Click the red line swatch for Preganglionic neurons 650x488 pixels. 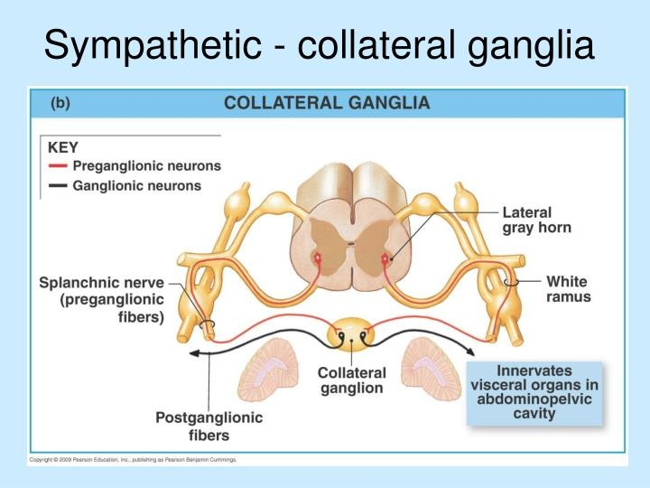[x=58, y=166]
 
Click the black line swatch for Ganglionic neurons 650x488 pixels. [x=58, y=186]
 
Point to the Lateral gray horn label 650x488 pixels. [x=536, y=221]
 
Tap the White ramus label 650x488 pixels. [x=568, y=289]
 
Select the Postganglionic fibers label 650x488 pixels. [x=209, y=427]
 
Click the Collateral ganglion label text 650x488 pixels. [x=351, y=380]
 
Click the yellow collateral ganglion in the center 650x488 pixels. [x=351, y=336]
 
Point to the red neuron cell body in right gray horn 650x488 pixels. [x=385, y=259]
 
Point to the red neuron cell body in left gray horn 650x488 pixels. [x=318, y=259]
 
